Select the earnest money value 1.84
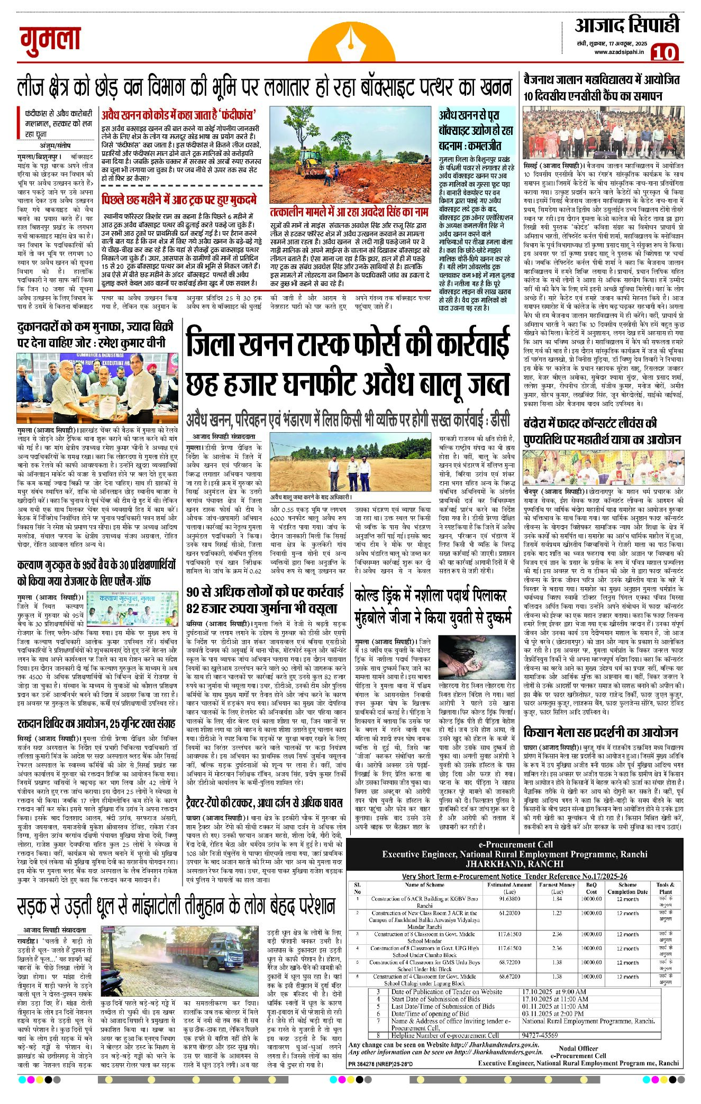pyautogui.click(x=557, y=898)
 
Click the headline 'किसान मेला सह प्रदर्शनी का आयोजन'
pyautogui.click(x=600, y=732)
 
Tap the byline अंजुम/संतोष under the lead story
pyautogui.click(x=55, y=145)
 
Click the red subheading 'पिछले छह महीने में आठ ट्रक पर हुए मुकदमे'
pyautogui.click(x=179, y=200)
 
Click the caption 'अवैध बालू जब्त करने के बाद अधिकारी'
pyautogui.click(x=311, y=497)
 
